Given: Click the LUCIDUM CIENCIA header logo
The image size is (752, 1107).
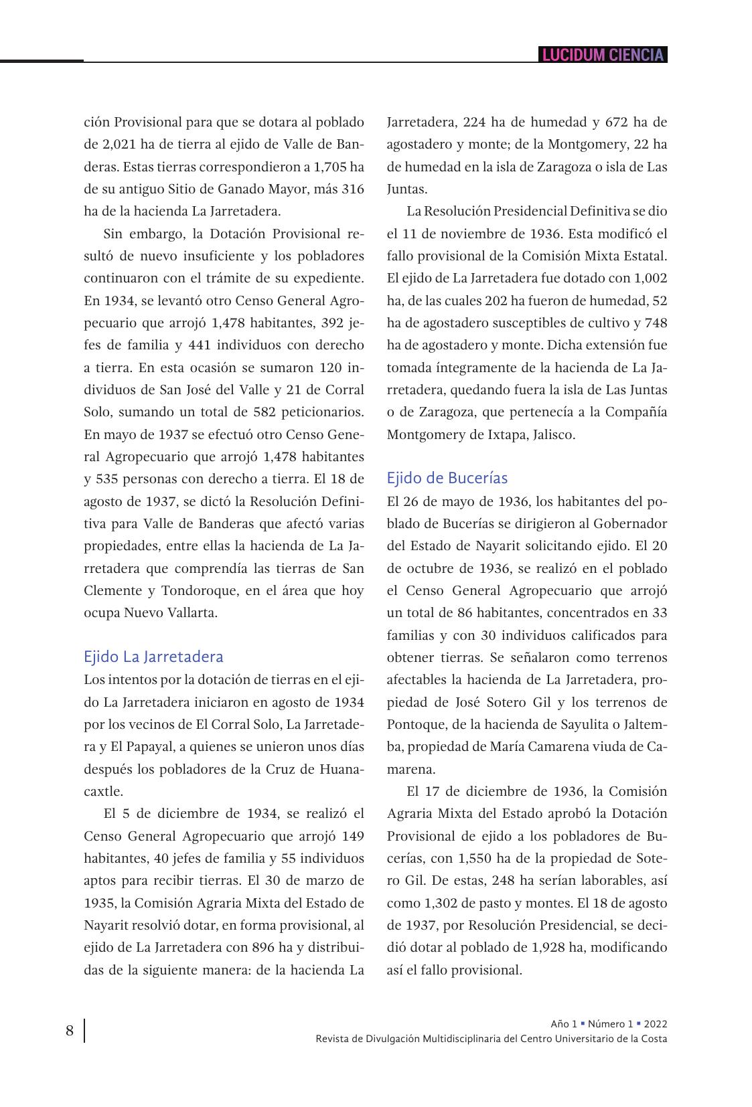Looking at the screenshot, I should (603, 55).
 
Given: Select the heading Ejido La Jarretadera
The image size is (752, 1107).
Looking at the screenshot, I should (153, 657).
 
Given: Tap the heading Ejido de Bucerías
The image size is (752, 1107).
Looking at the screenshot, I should (447, 478).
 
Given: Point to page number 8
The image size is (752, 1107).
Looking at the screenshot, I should (70, 1031).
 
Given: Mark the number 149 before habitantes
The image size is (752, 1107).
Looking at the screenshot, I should (353, 836).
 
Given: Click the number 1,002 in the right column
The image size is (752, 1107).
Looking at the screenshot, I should (650, 278).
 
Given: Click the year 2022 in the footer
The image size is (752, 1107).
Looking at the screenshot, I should (654, 1024).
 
